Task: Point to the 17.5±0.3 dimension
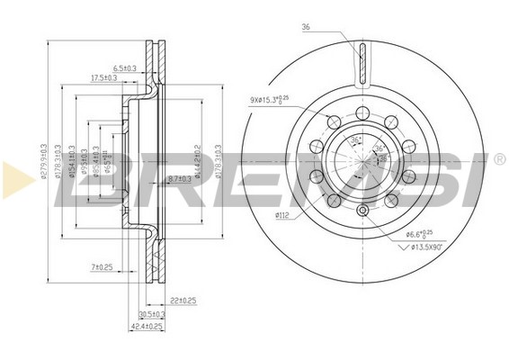pyautogui.click(x=103, y=77)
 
